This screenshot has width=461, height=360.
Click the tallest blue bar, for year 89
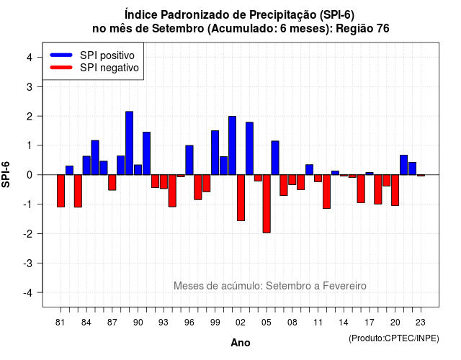pos(130,143)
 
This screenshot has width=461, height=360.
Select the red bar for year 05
pos(267,204)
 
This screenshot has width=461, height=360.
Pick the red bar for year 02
pos(241,197)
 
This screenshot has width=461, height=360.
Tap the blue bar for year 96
pos(189,160)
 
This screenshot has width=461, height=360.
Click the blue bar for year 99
pos(215,153)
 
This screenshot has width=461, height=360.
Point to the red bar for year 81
pos(61,191)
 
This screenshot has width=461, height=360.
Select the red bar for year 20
pos(395,190)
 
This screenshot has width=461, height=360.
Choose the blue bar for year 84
pos(86,166)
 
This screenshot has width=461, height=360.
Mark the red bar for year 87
pos(112,182)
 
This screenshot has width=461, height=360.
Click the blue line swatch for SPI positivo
pos(61,55)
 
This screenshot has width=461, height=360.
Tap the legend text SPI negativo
pos(109,68)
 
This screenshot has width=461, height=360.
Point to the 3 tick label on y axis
pos(30,86)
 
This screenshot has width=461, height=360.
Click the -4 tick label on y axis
pos(28,292)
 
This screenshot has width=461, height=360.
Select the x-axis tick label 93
pos(164,323)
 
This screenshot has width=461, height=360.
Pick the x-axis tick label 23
pos(421,323)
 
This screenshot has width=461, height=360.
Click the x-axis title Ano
pos(241,343)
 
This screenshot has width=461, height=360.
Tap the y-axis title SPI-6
pos(6,174)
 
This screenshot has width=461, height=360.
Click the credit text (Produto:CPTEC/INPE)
pos(394,338)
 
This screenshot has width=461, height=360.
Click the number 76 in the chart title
pos(382,29)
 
